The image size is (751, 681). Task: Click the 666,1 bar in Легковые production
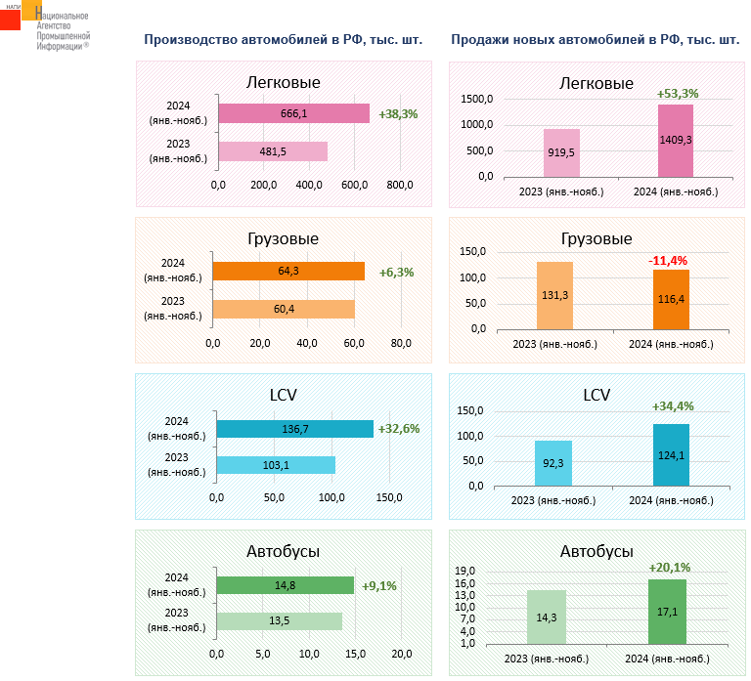click(x=293, y=113)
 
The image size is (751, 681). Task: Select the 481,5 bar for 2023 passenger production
click(x=272, y=151)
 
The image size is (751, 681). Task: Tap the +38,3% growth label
click(x=398, y=114)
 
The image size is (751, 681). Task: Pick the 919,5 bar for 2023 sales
click(x=562, y=152)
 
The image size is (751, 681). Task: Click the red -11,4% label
click(x=668, y=261)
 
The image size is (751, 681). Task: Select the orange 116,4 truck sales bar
click(x=671, y=299)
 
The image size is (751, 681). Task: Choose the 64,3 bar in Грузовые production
click(x=288, y=271)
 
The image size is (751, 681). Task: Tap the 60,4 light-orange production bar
click(x=284, y=309)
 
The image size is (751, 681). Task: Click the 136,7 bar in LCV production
click(x=294, y=429)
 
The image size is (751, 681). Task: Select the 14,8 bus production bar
click(x=285, y=585)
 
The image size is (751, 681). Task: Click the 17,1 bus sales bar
click(x=667, y=612)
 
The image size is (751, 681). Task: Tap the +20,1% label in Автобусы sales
click(x=670, y=567)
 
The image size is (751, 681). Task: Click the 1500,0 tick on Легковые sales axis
click(x=476, y=100)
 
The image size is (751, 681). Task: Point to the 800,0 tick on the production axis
click(x=400, y=186)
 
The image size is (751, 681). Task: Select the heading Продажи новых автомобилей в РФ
click(x=595, y=40)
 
